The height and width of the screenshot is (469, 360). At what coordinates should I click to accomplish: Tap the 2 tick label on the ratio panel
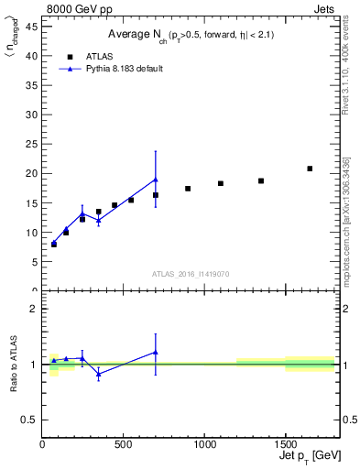(37, 309)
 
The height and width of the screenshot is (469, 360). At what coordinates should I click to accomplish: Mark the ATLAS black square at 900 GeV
(188, 189)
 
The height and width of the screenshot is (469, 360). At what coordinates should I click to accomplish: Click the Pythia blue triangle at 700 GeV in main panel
(156, 180)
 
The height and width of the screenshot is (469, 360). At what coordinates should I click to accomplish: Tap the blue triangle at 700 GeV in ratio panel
(156, 352)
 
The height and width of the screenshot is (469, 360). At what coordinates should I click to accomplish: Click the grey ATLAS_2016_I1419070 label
(191, 273)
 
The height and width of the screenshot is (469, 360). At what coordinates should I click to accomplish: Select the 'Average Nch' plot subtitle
(191, 34)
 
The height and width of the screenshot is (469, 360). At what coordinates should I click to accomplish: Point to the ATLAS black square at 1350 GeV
(261, 180)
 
